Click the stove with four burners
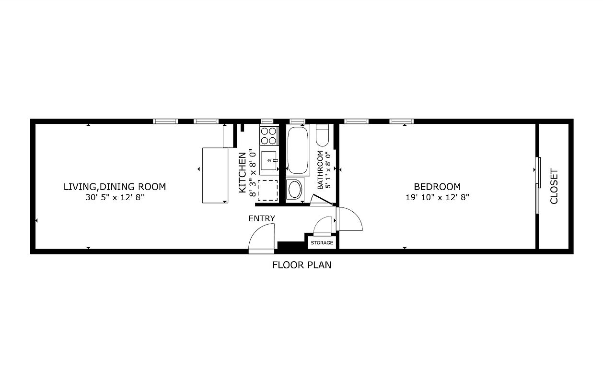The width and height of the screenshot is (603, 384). click(x=269, y=135)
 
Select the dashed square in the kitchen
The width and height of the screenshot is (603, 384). click(x=267, y=191)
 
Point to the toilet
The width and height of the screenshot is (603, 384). click(x=322, y=136)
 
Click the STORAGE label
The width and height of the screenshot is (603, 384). click(x=322, y=243)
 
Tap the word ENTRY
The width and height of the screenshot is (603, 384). click(x=262, y=219)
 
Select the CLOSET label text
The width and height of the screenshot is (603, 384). click(x=554, y=186)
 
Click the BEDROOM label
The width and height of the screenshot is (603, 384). click(x=437, y=187)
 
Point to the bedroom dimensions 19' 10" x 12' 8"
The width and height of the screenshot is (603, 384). click(x=437, y=197)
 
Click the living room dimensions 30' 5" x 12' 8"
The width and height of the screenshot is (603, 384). click(x=115, y=197)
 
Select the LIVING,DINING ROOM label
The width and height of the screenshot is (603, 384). click(x=115, y=187)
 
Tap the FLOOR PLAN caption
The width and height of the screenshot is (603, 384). click(x=301, y=264)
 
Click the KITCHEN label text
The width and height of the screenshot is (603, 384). click(x=243, y=172)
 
